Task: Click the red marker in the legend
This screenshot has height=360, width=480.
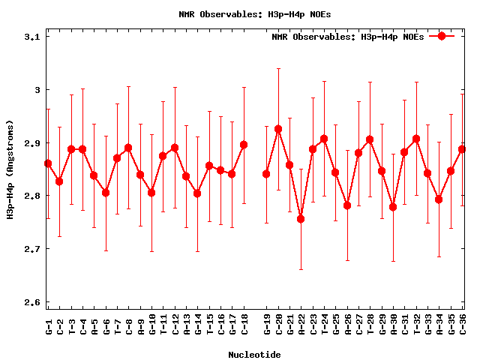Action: pyautogui.click(x=442, y=36)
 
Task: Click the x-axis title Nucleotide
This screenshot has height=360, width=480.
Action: pyautogui.click(x=254, y=354)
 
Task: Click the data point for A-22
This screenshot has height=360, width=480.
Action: pyautogui.click(x=301, y=219)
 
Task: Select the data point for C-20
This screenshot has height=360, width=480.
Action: pyautogui.click(x=277, y=129)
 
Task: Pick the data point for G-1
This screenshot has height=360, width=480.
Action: pyautogui.click(x=48, y=163)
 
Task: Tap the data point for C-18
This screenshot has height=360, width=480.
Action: pyautogui.click(x=244, y=145)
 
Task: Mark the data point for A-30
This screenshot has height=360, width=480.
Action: pyautogui.click(x=393, y=207)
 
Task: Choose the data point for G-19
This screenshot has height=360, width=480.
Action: pyautogui.click(x=266, y=174)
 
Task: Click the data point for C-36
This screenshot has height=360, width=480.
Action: pyautogui.click(x=462, y=149)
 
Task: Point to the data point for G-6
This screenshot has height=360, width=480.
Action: pyautogui.click(x=106, y=193)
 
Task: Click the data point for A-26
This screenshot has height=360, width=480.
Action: pyautogui.click(x=347, y=205)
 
